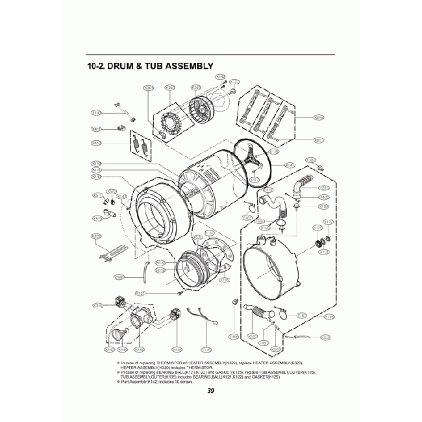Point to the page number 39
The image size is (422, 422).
coord(211,391)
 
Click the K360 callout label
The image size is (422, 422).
coord(171,88)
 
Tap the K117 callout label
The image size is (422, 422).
coord(254,180)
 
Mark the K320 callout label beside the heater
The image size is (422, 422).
coord(95,236)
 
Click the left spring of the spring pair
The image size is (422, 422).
coord(133,143)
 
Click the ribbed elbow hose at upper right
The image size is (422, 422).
coord(302,185)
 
